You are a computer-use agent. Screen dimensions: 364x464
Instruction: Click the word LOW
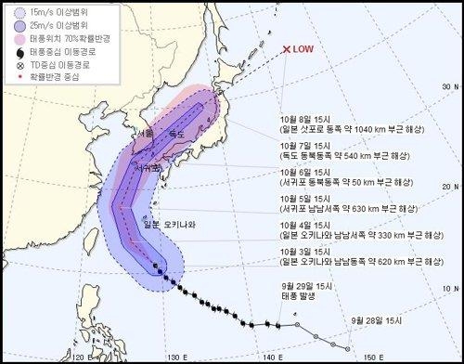click(x=304, y=49)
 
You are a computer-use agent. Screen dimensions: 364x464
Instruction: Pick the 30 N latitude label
click(x=451, y=85)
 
